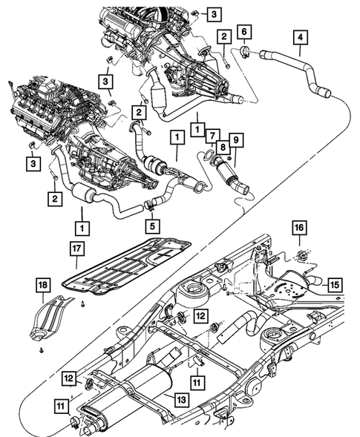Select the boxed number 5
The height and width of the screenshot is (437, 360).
point(150,223)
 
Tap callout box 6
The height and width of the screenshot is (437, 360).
point(246,31)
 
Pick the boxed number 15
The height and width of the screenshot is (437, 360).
point(334,283)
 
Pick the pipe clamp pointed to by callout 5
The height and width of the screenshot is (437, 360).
point(149,202)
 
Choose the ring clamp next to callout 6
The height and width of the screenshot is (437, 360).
point(244,51)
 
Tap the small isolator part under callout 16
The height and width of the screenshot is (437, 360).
point(301,257)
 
